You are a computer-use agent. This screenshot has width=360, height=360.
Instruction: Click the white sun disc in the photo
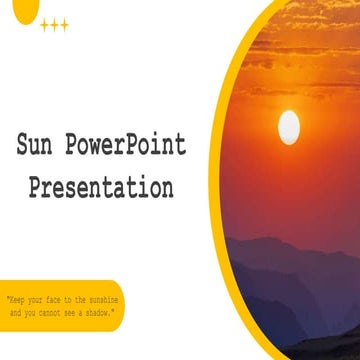click(288, 126)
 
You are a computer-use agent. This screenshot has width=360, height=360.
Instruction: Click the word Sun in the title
click(39, 146)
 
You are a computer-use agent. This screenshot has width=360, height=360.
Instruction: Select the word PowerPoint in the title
click(130, 146)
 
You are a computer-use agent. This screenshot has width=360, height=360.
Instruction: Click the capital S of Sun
click(23, 146)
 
